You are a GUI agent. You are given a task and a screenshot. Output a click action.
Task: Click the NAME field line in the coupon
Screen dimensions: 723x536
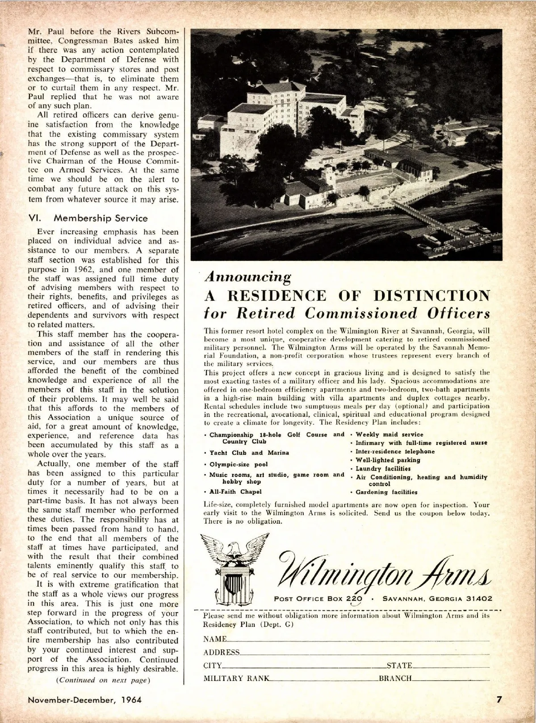357,640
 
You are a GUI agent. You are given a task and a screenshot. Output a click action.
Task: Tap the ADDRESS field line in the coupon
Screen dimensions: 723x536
364,653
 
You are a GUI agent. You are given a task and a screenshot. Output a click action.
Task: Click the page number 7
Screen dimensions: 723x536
501,699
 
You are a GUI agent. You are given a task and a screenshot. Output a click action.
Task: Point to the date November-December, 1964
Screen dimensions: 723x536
85,699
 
